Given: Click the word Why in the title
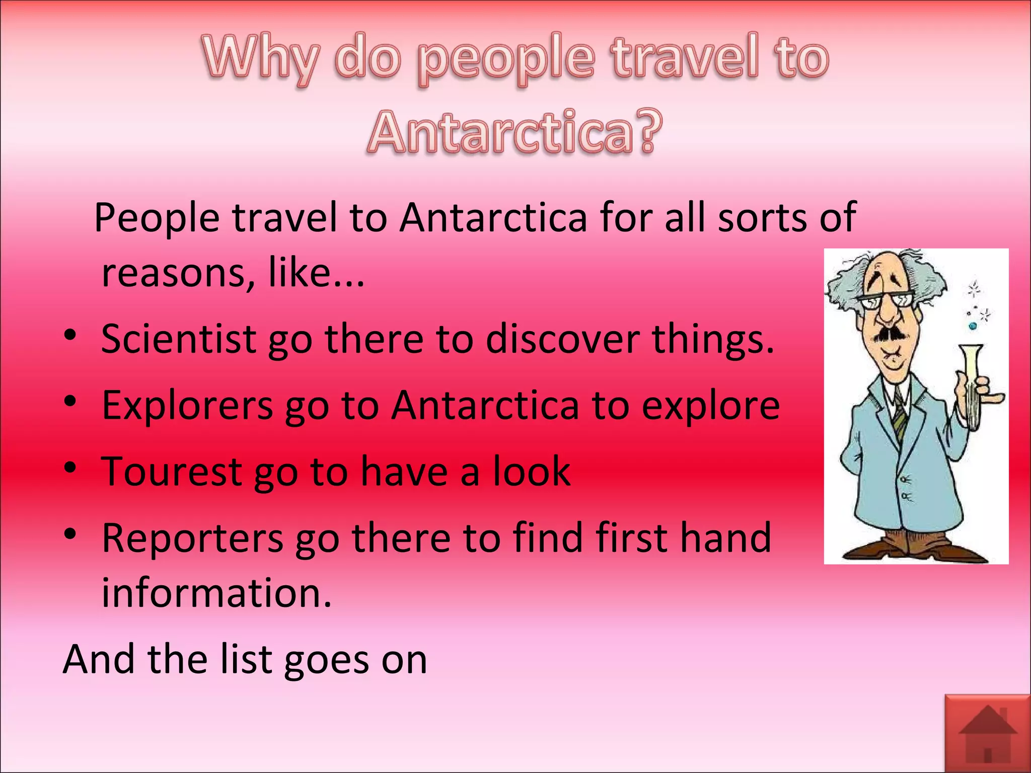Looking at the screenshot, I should coord(261,59).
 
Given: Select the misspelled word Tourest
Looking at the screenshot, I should coord(172,472).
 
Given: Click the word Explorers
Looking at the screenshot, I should coord(187,405).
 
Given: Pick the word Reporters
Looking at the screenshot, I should coord(192,538).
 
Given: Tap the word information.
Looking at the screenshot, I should coord(216,592).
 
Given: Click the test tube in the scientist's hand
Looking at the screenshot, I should coord(971,382).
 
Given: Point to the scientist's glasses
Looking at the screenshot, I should coord(886,301).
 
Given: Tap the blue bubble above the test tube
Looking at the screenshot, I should coord(973,326).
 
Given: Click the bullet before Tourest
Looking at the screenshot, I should coord(70,468).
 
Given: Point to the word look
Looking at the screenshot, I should coord(531,472).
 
